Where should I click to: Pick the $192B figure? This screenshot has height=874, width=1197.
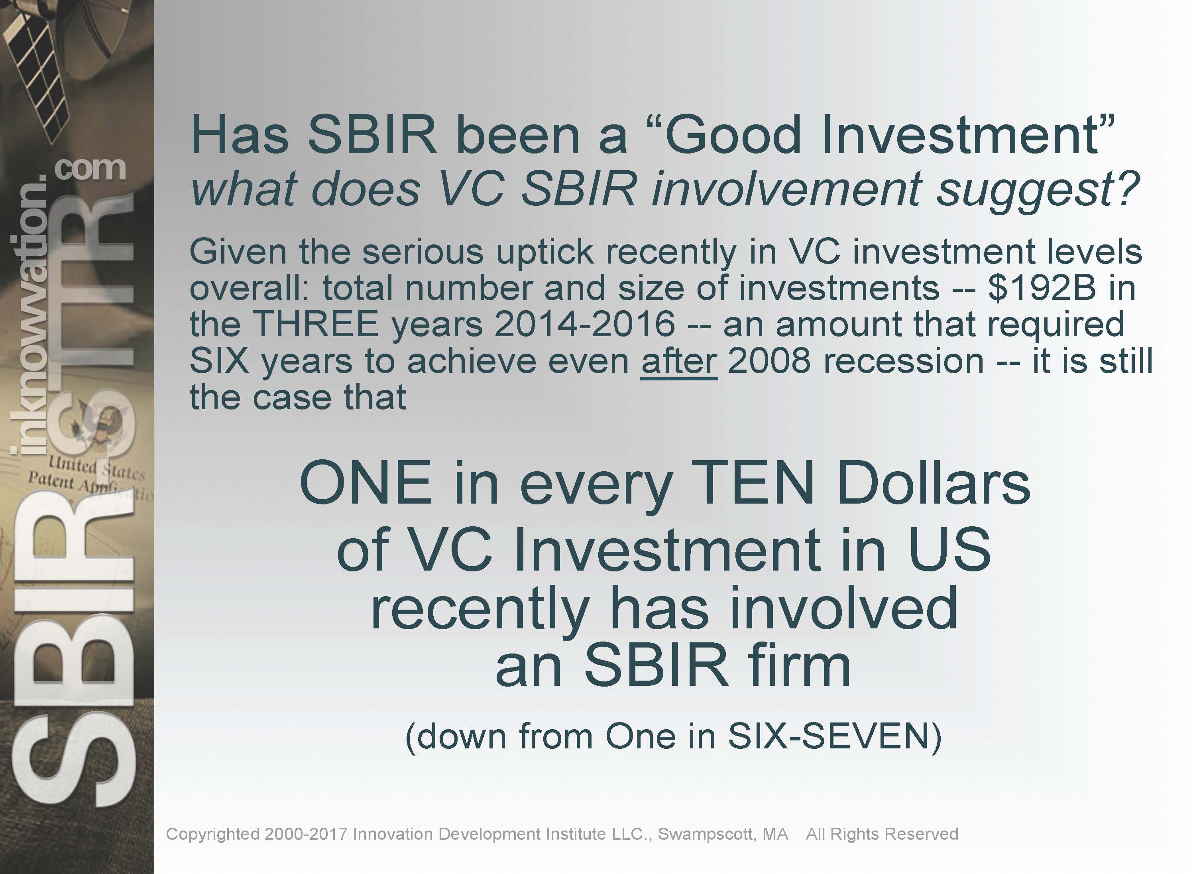pos(1041,288)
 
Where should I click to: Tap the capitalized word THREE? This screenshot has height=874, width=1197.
pos(316,324)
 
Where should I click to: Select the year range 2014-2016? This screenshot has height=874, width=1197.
pos(584,324)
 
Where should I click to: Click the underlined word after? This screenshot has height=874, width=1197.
pos(679,361)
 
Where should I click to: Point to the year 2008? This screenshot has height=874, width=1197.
pos(769,361)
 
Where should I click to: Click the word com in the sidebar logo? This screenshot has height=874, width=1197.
pos(91,170)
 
